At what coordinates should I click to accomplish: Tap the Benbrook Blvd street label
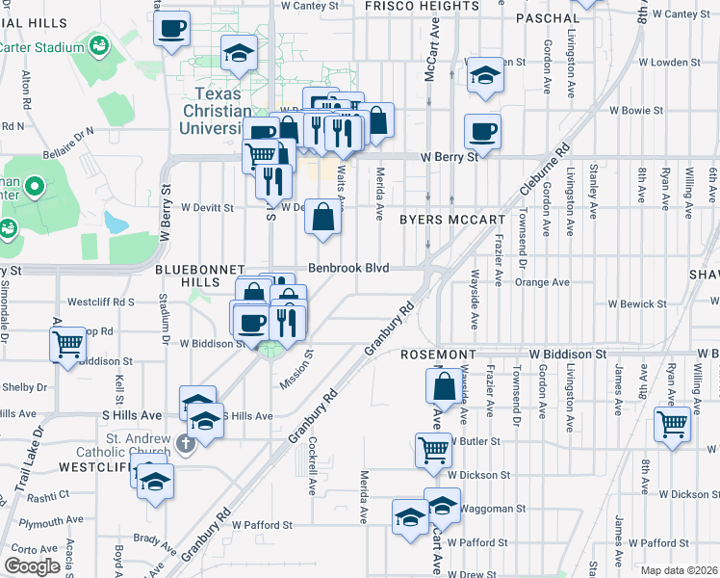pyautogui.click(x=348, y=268)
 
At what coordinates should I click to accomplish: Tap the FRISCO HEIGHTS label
pyautogui.click(x=422, y=6)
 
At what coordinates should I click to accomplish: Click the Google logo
pyautogui.click(x=33, y=565)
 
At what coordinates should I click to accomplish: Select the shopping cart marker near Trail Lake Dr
pyautogui.click(x=67, y=345)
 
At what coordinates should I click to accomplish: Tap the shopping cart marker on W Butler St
pyautogui.click(x=433, y=449)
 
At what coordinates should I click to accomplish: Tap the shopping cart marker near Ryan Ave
pyautogui.click(x=671, y=424)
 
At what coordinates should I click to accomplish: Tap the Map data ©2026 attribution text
pyautogui.click(x=680, y=570)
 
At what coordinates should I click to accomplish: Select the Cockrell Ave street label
pyautogui.click(x=314, y=467)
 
